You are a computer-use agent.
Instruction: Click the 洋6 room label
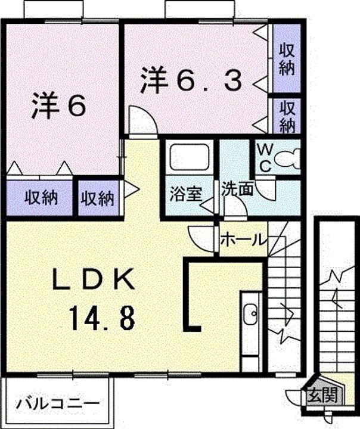coord(59,105)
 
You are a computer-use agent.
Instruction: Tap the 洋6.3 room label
coord(191,80)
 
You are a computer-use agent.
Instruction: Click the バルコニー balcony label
coord(57,403)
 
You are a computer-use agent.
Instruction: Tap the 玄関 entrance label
coord(322,395)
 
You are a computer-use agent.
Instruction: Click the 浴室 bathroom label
coord(186,194)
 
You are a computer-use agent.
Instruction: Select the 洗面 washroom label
coord(237,188)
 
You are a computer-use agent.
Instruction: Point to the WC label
coord(265,158)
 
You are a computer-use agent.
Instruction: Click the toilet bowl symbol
coord(287,158)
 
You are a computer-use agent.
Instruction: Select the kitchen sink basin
coord(250,314)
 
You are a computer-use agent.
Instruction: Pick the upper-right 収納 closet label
coord(286,60)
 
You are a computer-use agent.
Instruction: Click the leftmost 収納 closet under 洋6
coord(41,198)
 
